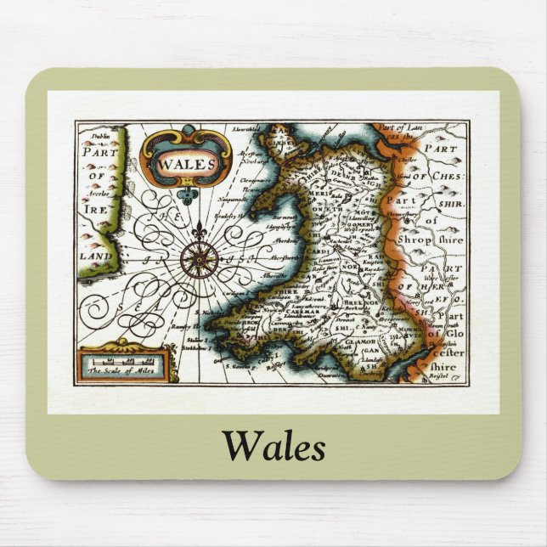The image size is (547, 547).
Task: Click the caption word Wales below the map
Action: tap(273, 445)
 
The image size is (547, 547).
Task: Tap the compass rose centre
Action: tap(200, 259)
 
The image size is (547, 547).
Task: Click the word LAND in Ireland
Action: tap(93, 256)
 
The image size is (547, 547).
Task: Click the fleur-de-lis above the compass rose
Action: tap(200, 230)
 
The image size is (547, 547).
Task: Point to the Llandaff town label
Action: tap(371, 359)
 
